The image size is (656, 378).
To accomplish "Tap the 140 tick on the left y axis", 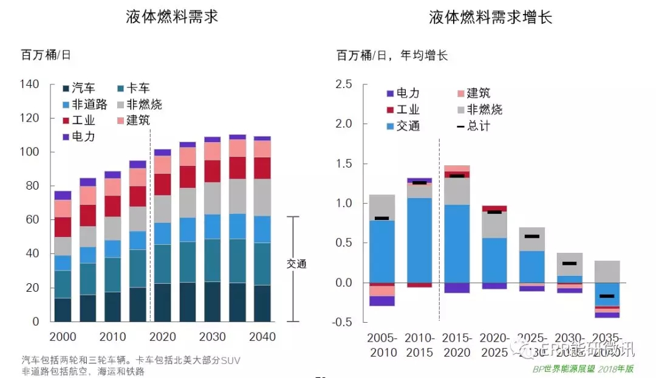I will (30, 84).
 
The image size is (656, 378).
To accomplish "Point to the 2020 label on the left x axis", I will (163, 337).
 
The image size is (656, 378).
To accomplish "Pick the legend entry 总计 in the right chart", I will (474, 126).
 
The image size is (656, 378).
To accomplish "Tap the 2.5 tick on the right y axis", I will (344, 84).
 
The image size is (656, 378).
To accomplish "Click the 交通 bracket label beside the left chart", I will (297, 264).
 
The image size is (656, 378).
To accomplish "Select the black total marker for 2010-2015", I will (419, 182).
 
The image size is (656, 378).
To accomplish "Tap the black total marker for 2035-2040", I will (607, 296).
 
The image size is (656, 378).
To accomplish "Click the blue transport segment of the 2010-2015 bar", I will (419, 240).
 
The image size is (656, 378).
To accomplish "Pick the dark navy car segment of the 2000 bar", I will (63, 309).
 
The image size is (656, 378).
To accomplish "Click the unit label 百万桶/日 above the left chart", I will (46, 55).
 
